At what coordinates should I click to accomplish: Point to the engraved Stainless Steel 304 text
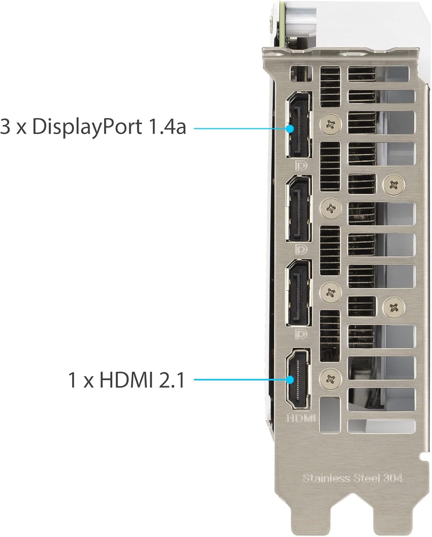tap(353, 478)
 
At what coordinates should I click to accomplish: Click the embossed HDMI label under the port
tap(301, 418)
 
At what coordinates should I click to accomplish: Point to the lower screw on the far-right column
tap(394, 307)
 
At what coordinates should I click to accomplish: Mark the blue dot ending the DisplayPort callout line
tap(290, 127)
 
